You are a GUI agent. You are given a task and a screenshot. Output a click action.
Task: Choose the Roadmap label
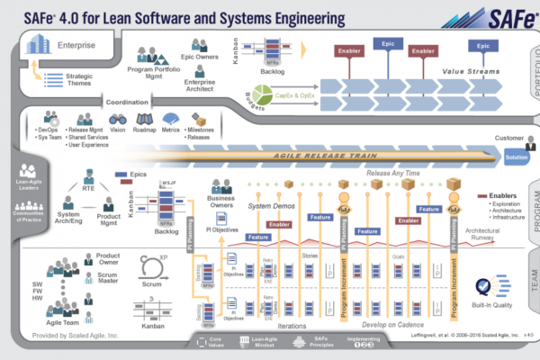pos(145,129)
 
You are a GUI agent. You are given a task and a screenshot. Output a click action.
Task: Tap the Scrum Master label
pos(109,281)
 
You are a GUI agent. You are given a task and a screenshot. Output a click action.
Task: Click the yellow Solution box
pos(517,157)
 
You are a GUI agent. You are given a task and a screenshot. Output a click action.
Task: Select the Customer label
pos(509,138)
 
